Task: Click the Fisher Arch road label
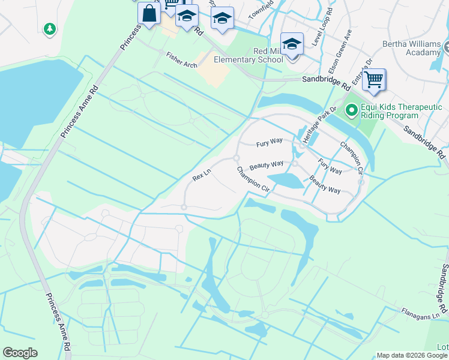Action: pos(182,60)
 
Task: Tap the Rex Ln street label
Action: pos(202,175)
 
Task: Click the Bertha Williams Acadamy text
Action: pos(414,48)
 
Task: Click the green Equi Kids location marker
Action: pos(351,110)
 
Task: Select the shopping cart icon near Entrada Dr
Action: pos(373,79)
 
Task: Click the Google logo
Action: pos(20,352)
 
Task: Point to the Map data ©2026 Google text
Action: pos(412,355)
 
